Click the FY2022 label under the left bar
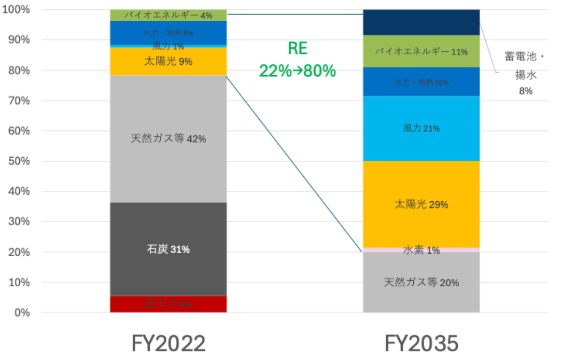coord(169,343)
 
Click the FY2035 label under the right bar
coord(422,343)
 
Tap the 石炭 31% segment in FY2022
coord(169,250)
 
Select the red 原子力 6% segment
coord(169,304)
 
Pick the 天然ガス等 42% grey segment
coord(169,139)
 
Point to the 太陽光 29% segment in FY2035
coord(422,204)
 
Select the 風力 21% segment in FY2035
coord(422,128)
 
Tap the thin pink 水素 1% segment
coord(422,251)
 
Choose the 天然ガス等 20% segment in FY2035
coord(422,283)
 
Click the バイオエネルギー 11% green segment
coord(422,51)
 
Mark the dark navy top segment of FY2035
coord(422,22)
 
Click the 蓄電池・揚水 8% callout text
coord(525,73)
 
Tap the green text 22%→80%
coord(298,71)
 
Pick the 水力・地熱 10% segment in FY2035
coord(422,82)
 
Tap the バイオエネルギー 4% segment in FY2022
coord(169,15)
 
